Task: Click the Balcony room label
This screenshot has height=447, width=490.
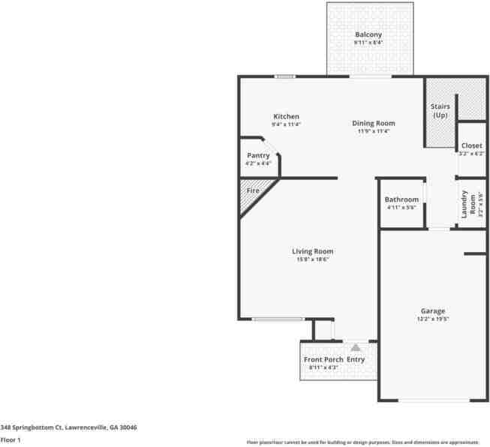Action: point(368,34)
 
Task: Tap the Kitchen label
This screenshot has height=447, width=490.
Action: point(286,116)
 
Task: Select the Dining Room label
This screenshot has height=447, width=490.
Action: point(374,123)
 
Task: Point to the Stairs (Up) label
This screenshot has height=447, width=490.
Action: point(440,111)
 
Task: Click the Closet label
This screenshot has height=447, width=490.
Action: point(471,145)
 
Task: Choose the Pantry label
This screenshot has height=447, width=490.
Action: point(257,155)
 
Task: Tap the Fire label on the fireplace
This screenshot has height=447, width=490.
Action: point(253,191)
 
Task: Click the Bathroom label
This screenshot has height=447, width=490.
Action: point(401,199)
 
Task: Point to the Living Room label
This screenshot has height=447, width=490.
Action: point(312,251)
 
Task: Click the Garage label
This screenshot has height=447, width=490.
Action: point(432,310)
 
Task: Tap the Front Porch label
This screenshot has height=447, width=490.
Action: point(323,360)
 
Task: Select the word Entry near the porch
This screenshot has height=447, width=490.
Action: point(356,360)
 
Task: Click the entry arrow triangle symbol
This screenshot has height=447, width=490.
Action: point(356,347)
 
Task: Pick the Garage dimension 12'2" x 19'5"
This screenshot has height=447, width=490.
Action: point(432,319)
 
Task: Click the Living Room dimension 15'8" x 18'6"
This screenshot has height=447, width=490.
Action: point(312,259)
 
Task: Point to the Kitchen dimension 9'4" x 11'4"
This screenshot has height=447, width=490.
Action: point(286,124)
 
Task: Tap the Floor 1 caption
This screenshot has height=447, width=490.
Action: point(11,439)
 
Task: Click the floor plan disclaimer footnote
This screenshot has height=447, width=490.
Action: point(362,442)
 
